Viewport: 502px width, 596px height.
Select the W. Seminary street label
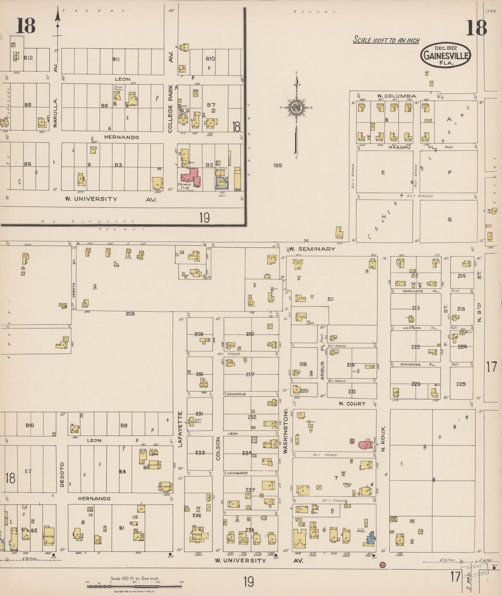tap(312, 249)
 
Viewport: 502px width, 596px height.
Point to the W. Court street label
tap(352, 404)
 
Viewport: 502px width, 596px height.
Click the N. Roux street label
tap(384, 439)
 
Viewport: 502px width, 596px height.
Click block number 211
tap(330, 299)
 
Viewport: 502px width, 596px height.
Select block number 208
tap(130, 314)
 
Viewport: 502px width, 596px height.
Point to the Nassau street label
tap(400, 147)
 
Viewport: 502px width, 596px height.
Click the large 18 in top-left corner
tap(26, 26)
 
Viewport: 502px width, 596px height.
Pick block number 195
tap(278, 166)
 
